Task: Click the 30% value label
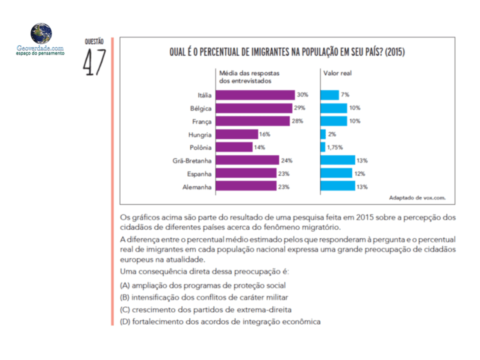pyautogui.click(x=303, y=95)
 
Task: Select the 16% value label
pyautogui.click(x=264, y=134)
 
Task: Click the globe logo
pyautogui.click(x=41, y=33)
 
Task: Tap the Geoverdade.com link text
pyautogui.click(x=40, y=48)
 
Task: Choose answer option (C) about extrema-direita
pyautogui.click(x=206, y=310)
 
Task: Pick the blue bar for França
pyautogui.click(x=333, y=121)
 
